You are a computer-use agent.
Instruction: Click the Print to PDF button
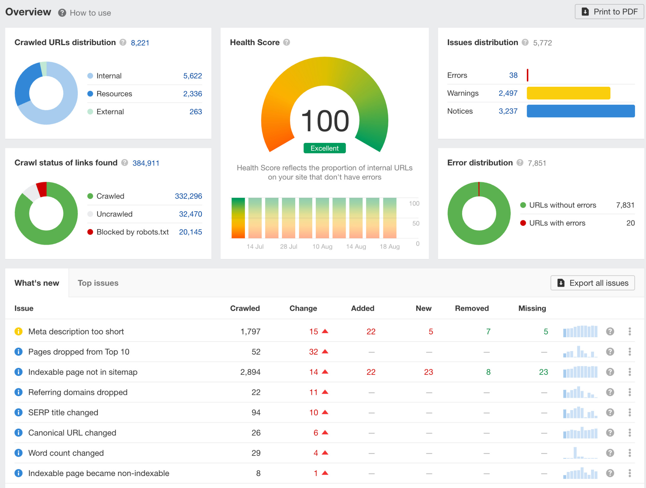click(609, 12)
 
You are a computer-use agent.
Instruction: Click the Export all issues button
click(592, 283)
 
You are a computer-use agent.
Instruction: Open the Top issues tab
click(98, 283)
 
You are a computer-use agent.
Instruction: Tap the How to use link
click(90, 13)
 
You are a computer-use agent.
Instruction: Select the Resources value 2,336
click(192, 94)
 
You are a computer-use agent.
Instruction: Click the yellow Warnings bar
click(568, 93)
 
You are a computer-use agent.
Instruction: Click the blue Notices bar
click(580, 111)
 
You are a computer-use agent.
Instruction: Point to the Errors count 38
click(513, 75)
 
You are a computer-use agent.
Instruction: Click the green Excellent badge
click(324, 148)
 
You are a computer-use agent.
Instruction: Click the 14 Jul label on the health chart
click(255, 246)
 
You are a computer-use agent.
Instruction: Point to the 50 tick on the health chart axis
click(416, 223)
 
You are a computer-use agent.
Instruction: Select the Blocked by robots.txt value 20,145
click(190, 232)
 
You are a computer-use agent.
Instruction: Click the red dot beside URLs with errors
click(523, 223)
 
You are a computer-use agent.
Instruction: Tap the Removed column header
click(472, 308)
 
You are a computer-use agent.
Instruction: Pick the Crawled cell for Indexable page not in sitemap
click(250, 372)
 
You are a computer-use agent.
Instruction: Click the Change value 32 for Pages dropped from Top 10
click(313, 352)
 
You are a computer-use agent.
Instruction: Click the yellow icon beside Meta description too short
click(19, 332)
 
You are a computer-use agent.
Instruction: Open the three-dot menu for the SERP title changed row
click(630, 412)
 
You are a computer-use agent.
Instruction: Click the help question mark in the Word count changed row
click(610, 453)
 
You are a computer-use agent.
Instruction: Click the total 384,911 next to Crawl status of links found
click(146, 163)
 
